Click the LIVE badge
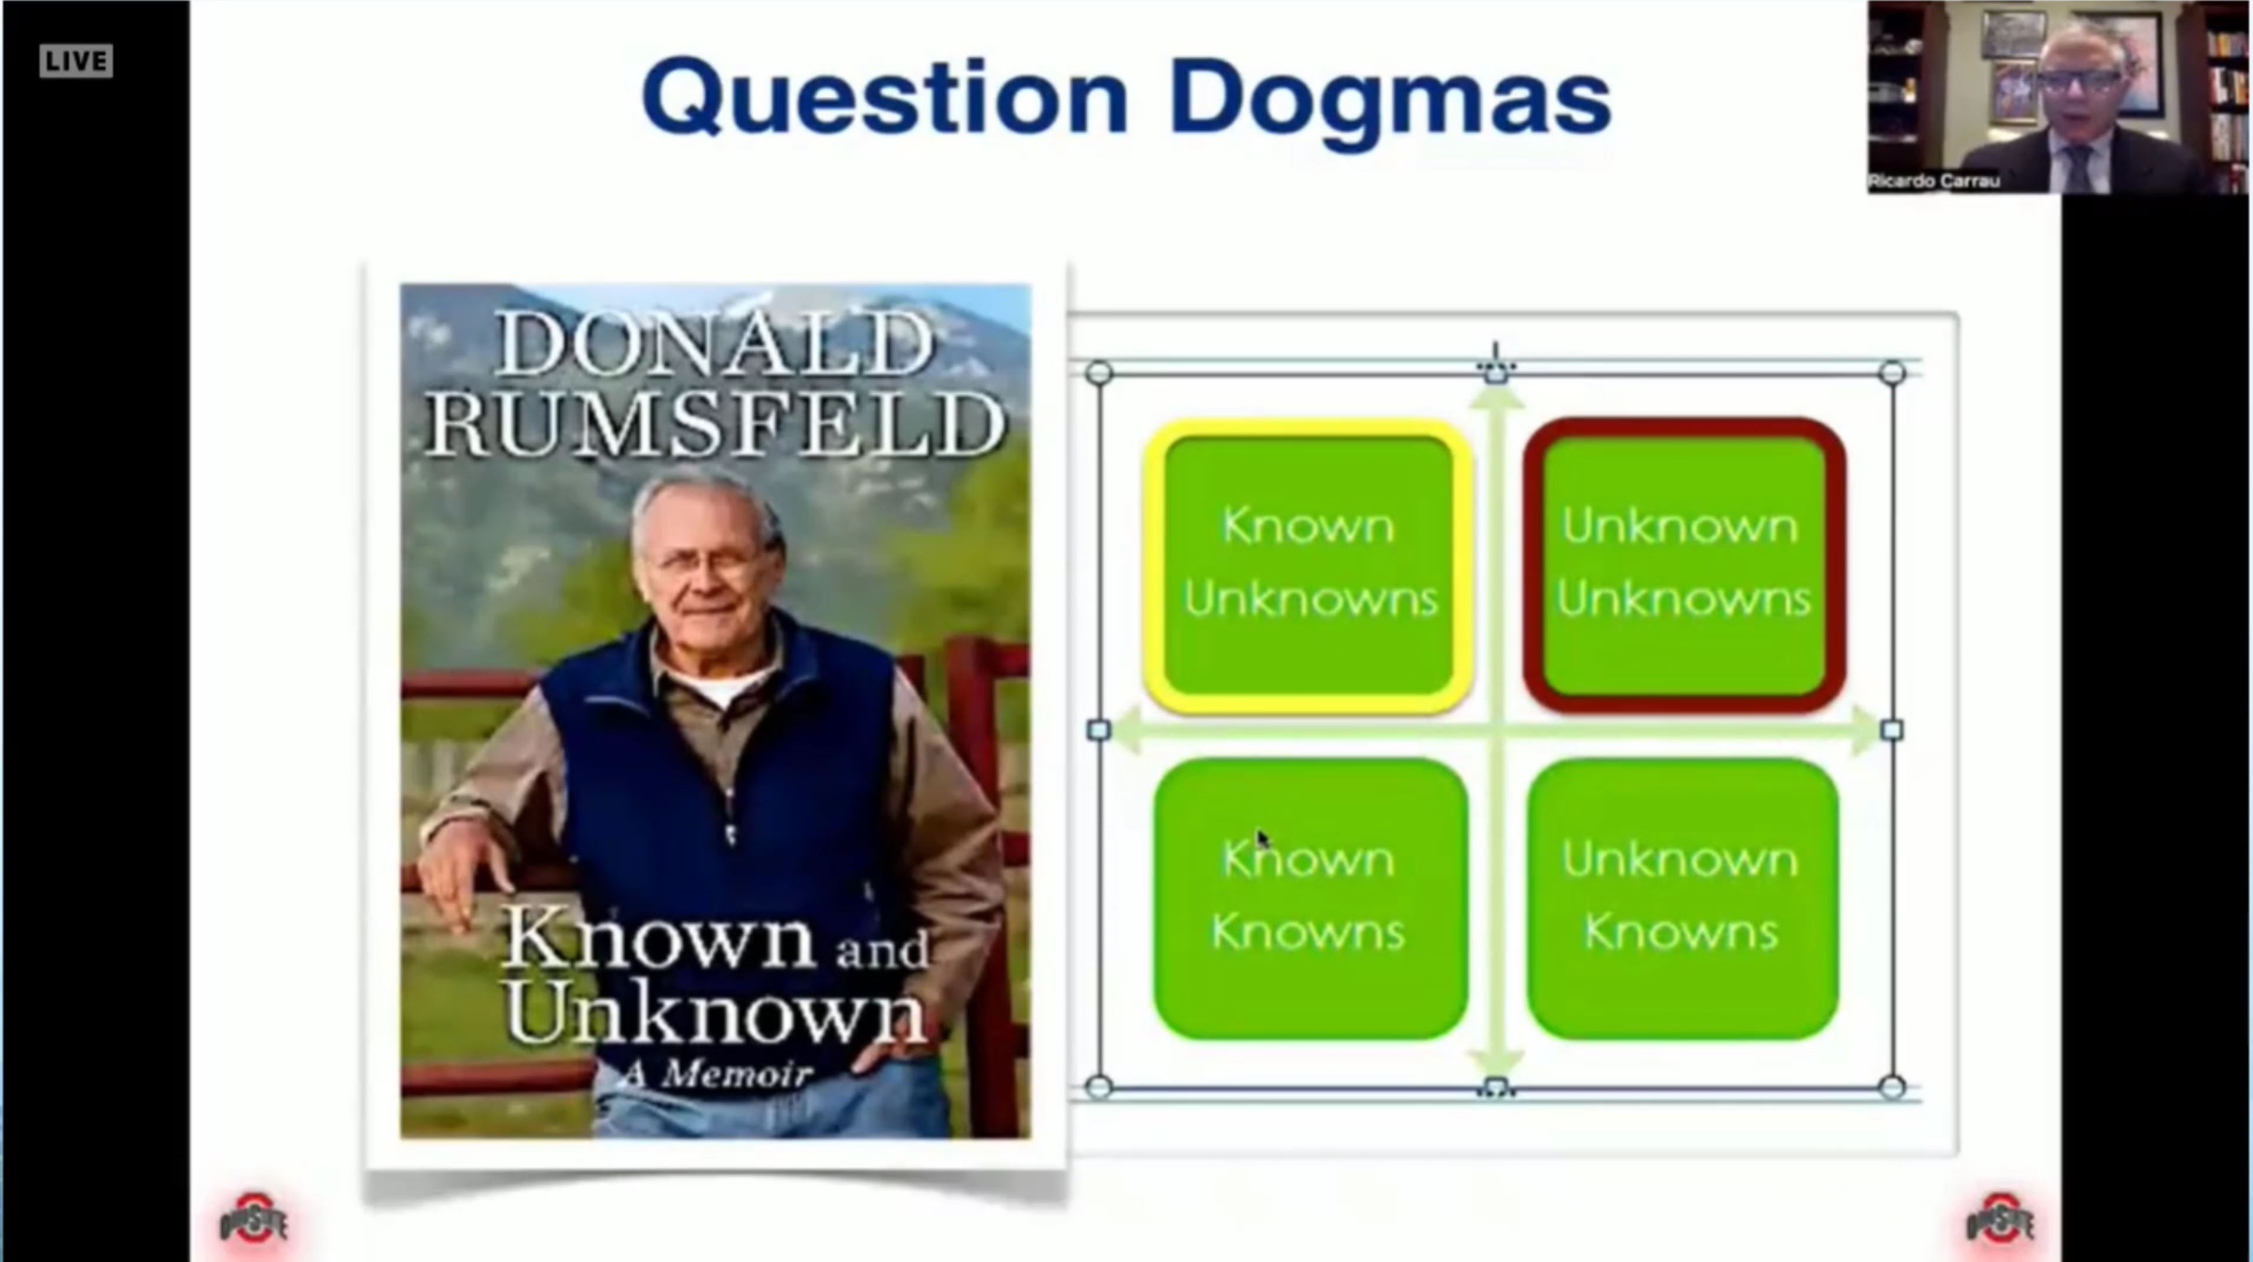(x=76, y=61)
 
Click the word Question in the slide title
(x=885, y=98)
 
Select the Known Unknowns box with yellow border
(x=1309, y=566)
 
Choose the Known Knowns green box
(x=1309, y=898)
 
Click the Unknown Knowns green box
(x=1682, y=898)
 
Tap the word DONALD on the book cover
(x=714, y=344)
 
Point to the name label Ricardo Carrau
(x=1934, y=181)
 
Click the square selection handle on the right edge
(x=1892, y=729)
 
